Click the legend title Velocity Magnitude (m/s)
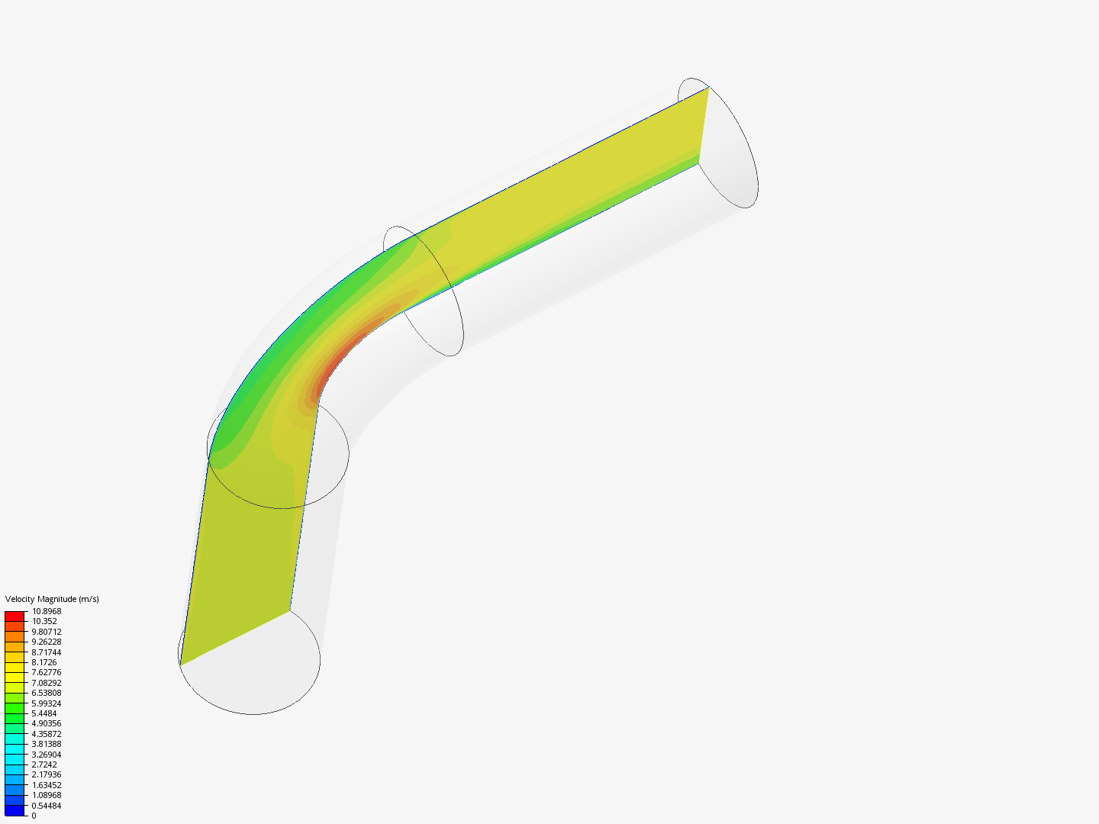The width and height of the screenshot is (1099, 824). click(52, 599)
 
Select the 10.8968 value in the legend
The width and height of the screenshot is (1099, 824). click(47, 611)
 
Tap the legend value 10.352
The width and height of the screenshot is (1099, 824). click(44, 621)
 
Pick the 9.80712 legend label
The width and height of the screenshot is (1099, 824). click(47, 632)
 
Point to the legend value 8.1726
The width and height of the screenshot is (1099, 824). click(44, 662)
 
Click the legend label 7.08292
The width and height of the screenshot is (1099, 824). click(47, 683)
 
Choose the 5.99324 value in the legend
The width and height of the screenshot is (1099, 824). click(47, 703)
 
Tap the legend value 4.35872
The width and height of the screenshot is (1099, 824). click(47, 734)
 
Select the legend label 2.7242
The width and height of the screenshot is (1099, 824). click(44, 764)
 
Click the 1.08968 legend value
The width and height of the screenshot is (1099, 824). click(47, 795)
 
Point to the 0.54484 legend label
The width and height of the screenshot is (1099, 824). click(47, 806)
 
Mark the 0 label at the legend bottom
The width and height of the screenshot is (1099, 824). click(34, 816)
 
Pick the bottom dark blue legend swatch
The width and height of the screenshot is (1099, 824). click(15, 810)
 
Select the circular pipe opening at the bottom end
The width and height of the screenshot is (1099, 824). click(250, 664)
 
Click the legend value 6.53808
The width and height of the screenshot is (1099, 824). click(47, 693)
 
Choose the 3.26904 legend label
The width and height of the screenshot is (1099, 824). click(47, 755)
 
